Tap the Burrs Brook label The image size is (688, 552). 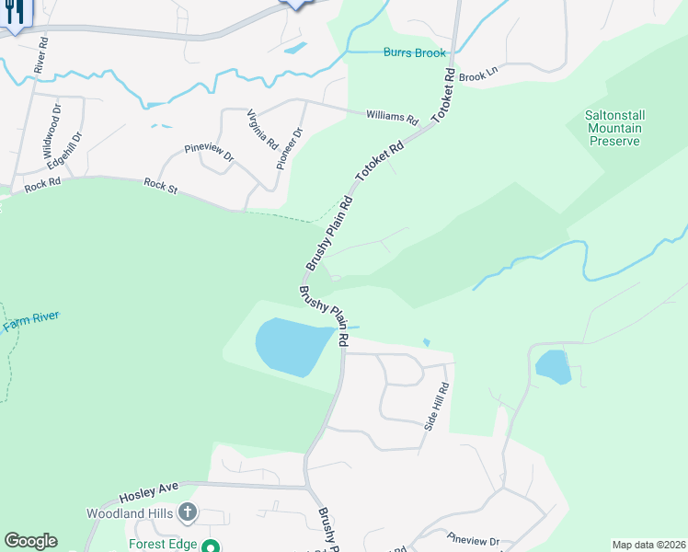415,53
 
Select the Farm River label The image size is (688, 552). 30,321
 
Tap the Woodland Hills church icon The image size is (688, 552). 189,512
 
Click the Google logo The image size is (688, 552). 30,541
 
